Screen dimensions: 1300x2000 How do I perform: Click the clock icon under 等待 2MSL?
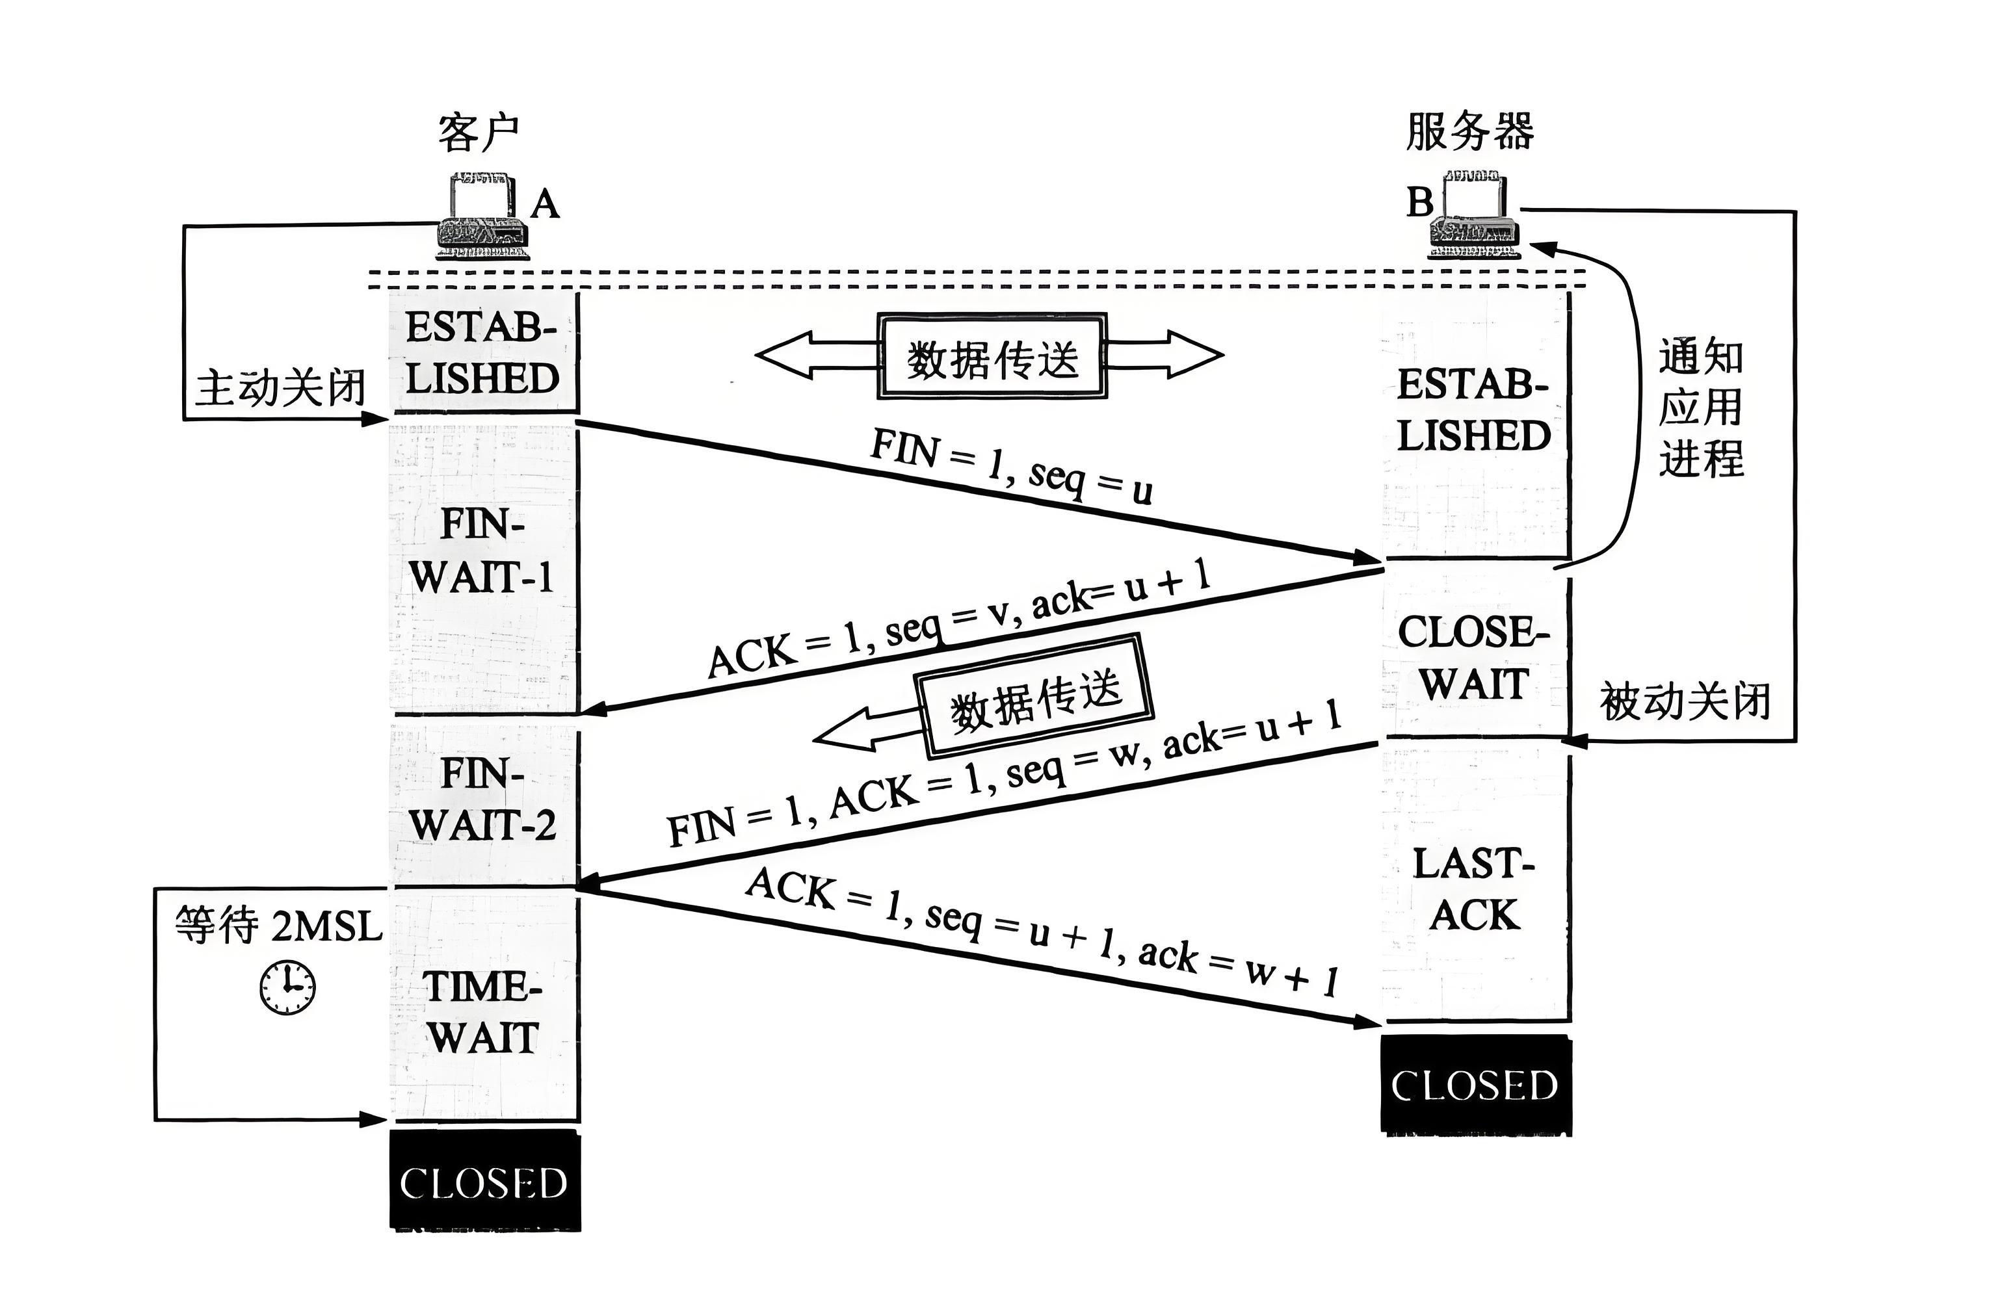[x=287, y=987]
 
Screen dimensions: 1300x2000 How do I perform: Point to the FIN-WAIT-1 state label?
[x=482, y=551]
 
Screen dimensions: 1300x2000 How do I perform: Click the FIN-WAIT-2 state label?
[x=482, y=799]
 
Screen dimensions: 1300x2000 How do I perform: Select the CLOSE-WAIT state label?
[x=1473, y=658]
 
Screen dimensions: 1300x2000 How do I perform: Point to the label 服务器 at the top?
[x=1469, y=132]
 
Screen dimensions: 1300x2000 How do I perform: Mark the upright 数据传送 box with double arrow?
[x=992, y=356]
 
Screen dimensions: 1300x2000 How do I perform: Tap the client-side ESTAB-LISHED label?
[x=482, y=353]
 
